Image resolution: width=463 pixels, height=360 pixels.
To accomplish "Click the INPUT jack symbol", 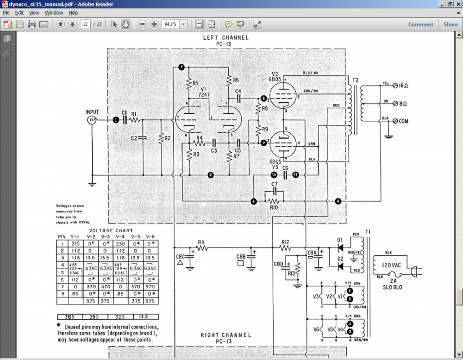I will pyautogui.click(x=92, y=120).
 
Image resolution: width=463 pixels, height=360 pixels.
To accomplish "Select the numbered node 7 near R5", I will pyautogui.click(x=181, y=68).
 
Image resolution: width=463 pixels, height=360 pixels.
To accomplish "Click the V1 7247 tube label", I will pyautogui.click(x=204, y=92).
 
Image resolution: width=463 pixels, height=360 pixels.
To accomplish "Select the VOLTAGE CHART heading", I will pyautogui.click(x=111, y=230).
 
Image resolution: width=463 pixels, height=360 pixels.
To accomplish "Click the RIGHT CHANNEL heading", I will pyautogui.click(x=225, y=335).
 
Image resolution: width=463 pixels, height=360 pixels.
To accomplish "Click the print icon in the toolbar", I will pyautogui.click(x=32, y=25).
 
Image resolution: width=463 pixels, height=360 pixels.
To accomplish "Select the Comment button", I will pyautogui.click(x=420, y=25).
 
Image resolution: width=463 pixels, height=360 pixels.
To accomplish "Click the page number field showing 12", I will pyautogui.click(x=85, y=25).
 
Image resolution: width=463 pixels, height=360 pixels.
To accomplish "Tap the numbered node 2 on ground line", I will pyautogui.click(x=211, y=175).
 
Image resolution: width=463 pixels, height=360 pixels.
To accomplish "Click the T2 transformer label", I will pyautogui.click(x=356, y=80).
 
